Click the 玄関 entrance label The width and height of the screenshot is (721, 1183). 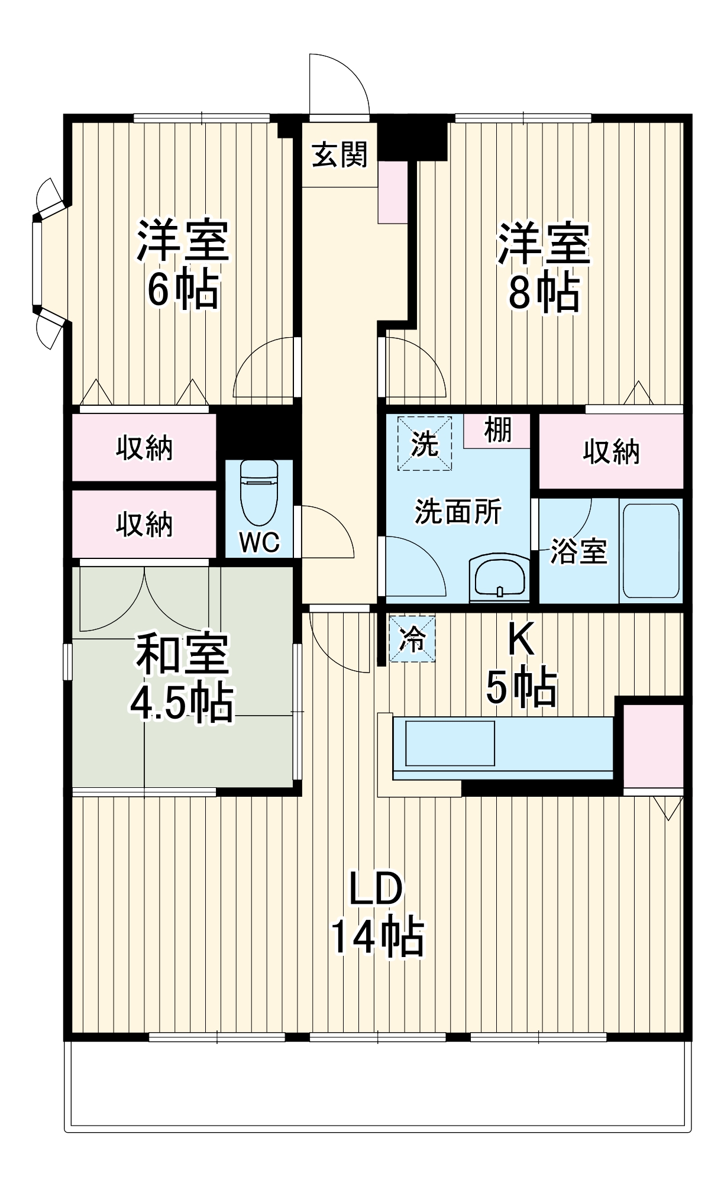pyautogui.click(x=340, y=155)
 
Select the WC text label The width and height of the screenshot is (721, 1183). pyautogui.click(x=259, y=541)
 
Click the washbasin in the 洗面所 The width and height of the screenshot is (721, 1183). pyautogui.click(x=500, y=578)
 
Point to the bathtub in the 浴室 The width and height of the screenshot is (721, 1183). pyautogui.click(x=651, y=551)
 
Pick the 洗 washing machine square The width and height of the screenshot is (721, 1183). pyautogui.click(x=425, y=444)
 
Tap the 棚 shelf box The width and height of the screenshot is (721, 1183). pyautogui.click(x=497, y=430)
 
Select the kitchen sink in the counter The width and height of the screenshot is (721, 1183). pyautogui.click(x=450, y=743)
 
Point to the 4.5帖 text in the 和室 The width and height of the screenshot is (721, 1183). pyautogui.click(x=182, y=702)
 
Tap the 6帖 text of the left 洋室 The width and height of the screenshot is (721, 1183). pyautogui.click(x=183, y=290)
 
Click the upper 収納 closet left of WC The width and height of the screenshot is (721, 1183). pyautogui.click(x=144, y=448)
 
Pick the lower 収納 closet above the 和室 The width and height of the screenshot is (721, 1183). pyautogui.click(x=144, y=524)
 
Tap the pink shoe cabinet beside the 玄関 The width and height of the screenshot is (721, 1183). pyautogui.click(x=392, y=192)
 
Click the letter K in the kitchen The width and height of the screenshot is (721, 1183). pyautogui.click(x=521, y=639)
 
